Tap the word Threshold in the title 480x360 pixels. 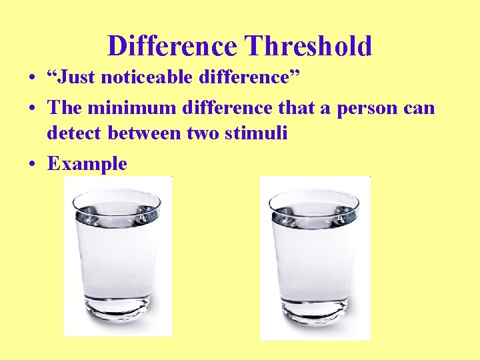[x=309, y=46]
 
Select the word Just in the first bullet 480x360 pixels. [x=77, y=78]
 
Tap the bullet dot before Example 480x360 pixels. [x=31, y=164]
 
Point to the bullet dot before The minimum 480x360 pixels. [x=31, y=107]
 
